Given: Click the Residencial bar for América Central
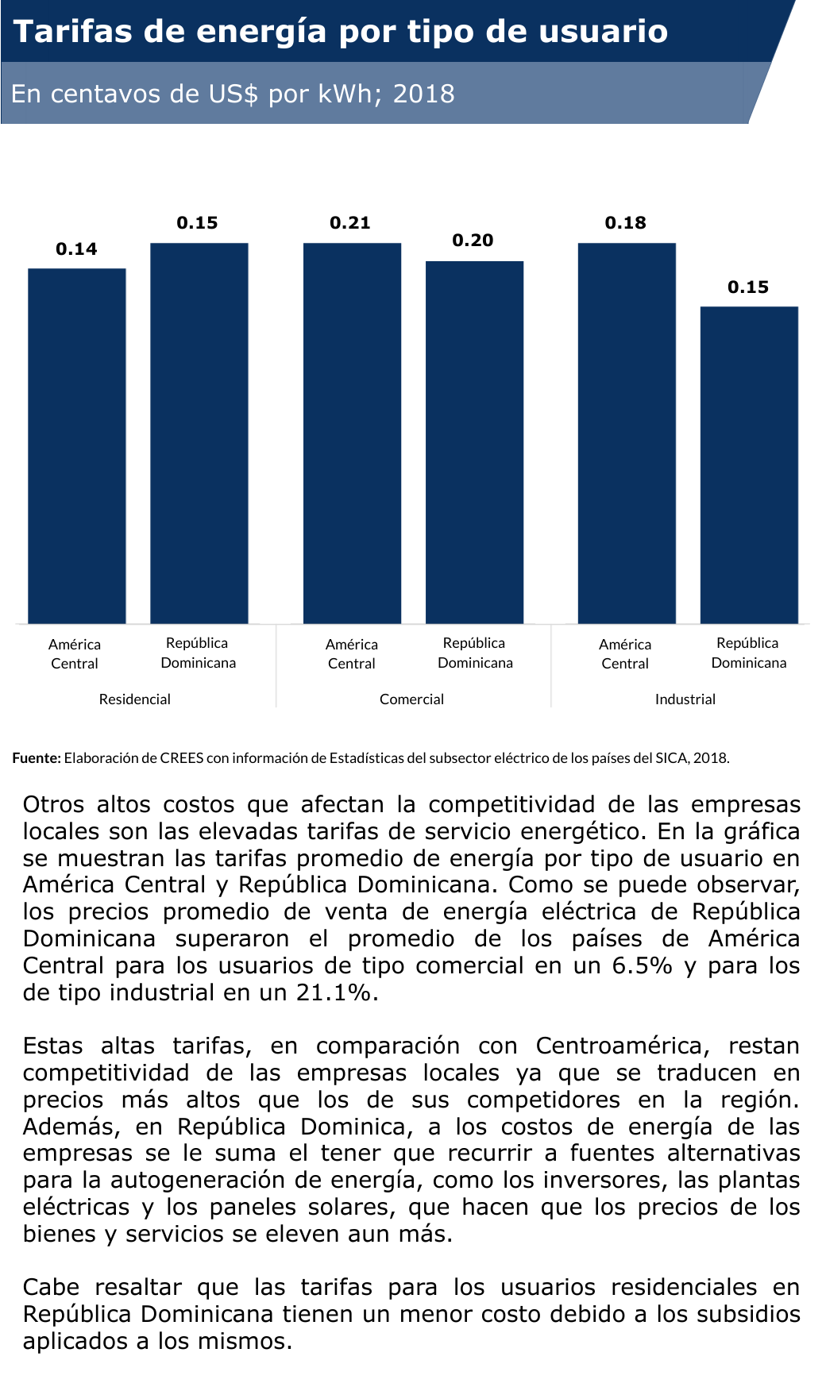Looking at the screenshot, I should [77, 445].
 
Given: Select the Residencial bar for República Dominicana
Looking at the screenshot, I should [199, 433].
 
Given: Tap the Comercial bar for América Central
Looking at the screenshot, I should [352, 433].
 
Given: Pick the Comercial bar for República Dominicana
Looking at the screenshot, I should [475, 441].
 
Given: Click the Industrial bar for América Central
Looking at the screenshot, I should [627, 433].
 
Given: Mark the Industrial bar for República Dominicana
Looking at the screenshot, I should [749, 464].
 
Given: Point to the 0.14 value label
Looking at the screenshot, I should [76, 249].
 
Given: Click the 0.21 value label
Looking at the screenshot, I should [350, 223].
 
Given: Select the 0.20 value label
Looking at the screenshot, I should [473, 241].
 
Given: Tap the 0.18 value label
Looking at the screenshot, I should [626, 223].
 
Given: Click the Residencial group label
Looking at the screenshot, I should [135, 699].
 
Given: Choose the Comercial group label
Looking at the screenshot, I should [411, 699].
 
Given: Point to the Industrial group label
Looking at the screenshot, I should [685, 699].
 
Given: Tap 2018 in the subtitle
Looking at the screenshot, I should [424, 94].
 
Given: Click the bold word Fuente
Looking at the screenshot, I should [37, 758].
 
